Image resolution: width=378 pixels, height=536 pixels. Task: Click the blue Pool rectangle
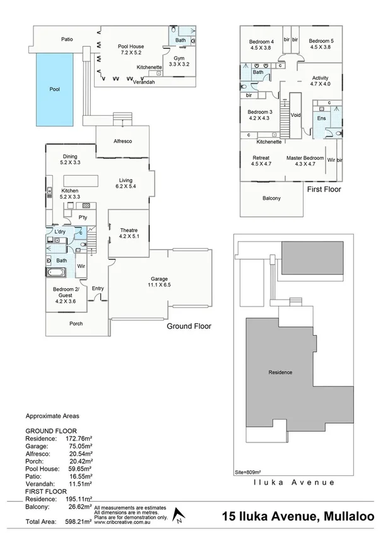[x=54, y=89]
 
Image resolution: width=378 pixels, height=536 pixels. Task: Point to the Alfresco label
[x=122, y=141]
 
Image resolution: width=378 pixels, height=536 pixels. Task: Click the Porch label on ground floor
[x=75, y=324]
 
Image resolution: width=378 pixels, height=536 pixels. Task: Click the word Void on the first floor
[x=296, y=115]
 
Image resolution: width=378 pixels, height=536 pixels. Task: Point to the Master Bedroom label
[x=305, y=161]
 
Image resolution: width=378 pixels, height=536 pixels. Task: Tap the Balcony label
[x=271, y=198]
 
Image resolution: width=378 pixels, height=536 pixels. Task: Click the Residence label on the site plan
[x=280, y=372]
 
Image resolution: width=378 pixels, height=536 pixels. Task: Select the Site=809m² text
[x=247, y=471]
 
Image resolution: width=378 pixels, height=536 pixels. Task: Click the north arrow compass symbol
[x=179, y=515]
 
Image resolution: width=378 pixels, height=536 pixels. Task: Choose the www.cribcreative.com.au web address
[x=122, y=522]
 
